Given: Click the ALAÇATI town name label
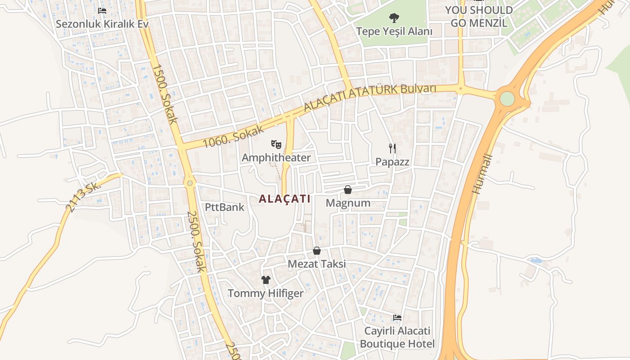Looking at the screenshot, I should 285,199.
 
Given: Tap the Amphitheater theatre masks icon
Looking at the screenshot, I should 276,144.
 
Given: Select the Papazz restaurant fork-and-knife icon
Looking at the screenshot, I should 392,148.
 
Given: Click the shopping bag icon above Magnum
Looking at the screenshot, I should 347,190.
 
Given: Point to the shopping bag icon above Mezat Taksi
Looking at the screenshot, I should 317,251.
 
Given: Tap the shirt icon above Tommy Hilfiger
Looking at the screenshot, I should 265,280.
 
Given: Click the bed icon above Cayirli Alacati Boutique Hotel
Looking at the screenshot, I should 397,318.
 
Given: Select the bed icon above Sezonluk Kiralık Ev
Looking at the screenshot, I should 102,10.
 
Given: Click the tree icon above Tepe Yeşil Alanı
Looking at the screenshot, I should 394,18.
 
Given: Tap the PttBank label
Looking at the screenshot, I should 225,207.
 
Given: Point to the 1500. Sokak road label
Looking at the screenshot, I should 165,94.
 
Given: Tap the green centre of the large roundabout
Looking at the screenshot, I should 507,99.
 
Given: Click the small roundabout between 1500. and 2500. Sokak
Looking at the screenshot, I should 190,183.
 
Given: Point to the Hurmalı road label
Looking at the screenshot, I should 482,174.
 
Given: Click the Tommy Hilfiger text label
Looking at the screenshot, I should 265,294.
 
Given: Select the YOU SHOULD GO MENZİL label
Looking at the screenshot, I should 479,16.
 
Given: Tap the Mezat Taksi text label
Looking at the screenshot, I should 317,264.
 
